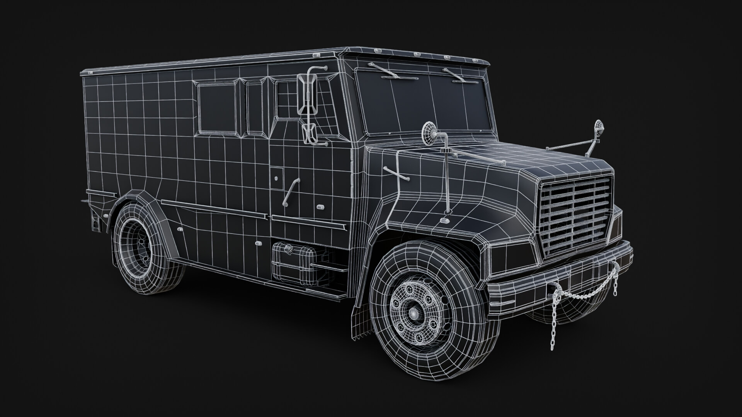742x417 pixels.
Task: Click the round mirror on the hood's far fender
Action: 599,126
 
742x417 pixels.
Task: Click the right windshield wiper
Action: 458,75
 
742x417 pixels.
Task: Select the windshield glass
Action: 425,102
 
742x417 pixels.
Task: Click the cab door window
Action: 288,100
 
